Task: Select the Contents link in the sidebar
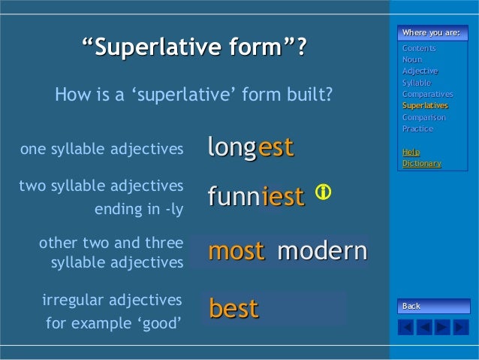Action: [x=419, y=49]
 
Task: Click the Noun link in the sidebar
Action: [x=412, y=60]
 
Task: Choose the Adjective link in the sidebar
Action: [x=420, y=71]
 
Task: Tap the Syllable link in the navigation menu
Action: [x=417, y=83]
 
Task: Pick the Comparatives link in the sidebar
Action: [x=427, y=94]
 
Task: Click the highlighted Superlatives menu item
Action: [x=425, y=106]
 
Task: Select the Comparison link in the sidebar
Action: [x=423, y=117]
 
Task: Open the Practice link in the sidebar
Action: [x=417, y=129]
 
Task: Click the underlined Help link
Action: [x=411, y=152]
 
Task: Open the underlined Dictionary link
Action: [x=421, y=163]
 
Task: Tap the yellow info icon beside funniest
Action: [x=323, y=192]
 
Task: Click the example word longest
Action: [x=250, y=147]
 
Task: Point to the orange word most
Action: [x=236, y=251]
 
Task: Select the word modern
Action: [x=321, y=251]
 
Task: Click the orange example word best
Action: [x=233, y=309]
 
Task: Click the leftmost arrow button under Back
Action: [x=405, y=328]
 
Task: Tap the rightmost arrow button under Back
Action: [x=460, y=328]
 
